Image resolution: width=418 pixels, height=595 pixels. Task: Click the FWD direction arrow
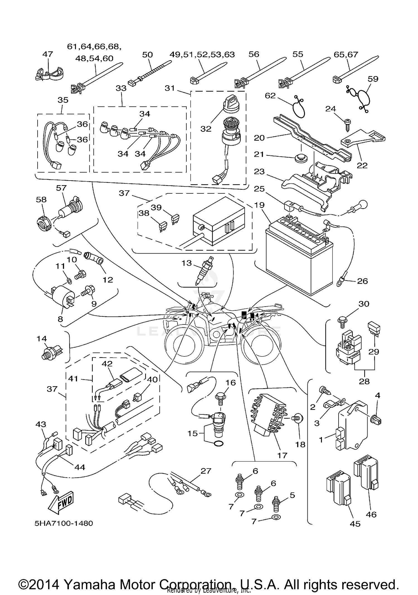tap(61, 503)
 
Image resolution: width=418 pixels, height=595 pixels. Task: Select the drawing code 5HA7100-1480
tap(64, 523)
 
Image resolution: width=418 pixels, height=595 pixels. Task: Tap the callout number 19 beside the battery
tap(259, 205)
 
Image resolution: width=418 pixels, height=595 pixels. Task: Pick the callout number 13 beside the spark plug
tap(186, 263)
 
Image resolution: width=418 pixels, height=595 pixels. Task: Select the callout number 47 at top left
tap(48, 54)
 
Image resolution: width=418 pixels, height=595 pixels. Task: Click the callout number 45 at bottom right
tap(355, 524)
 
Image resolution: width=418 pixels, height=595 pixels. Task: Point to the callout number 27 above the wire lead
tap(206, 471)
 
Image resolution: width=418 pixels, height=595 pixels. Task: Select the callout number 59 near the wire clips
tap(373, 79)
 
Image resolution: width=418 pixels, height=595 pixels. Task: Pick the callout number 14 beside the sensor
tap(42, 339)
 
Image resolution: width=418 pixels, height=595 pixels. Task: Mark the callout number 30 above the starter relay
tap(364, 304)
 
